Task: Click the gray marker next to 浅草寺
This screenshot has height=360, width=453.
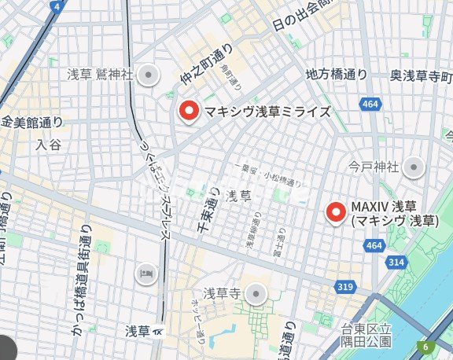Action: tap(255, 295)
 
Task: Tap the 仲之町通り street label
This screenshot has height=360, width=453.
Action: tap(204, 64)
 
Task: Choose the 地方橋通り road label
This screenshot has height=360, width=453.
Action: tap(336, 75)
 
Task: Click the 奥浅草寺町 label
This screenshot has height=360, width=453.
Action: tap(422, 75)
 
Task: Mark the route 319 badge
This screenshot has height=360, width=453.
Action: tap(344, 288)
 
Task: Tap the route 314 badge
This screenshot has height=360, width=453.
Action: tap(396, 262)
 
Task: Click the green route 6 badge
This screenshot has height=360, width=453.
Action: tap(425, 347)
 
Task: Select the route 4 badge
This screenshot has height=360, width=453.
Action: tap(57, 6)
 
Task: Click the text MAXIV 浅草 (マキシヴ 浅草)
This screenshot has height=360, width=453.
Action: tap(393, 213)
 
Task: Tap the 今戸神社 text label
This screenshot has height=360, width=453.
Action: tap(374, 167)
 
